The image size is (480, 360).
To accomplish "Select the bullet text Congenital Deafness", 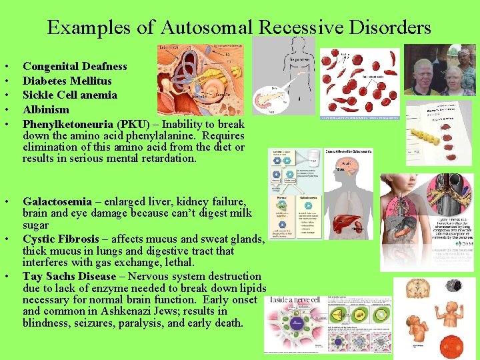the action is [75, 66].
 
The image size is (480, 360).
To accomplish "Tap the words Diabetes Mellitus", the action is [67, 81].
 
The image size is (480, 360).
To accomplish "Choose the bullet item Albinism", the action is [46, 109].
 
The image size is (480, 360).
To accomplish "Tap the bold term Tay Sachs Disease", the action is [69, 276].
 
